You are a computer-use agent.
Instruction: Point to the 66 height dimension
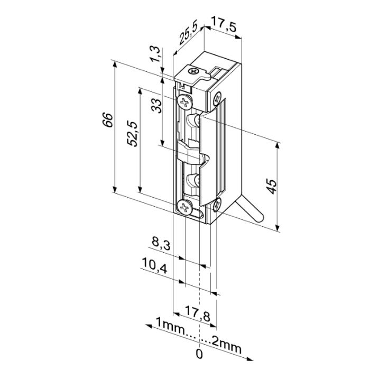coord(106,120)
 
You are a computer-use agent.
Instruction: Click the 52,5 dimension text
coord(132,133)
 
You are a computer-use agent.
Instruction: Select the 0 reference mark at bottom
coord(199,353)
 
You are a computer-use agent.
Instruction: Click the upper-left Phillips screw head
coord(184,101)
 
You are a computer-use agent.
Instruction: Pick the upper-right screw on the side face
coord(218,97)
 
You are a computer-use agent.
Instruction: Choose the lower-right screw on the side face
coord(218,204)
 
